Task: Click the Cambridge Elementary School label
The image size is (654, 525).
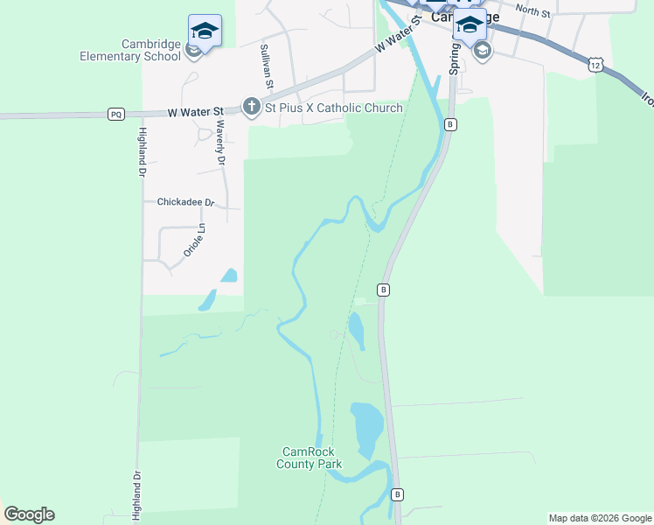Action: pos(130,50)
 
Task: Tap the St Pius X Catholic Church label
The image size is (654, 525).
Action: pos(334,108)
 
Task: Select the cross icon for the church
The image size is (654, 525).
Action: pos(252,108)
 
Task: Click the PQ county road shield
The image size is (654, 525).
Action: pos(115,114)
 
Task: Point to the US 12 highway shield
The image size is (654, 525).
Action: pos(595,64)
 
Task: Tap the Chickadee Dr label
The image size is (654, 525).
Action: pos(185,202)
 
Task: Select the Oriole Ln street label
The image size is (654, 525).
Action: pos(193,240)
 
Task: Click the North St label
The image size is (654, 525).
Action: pos(532,10)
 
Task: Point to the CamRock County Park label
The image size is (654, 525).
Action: pos(309,458)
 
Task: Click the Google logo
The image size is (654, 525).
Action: pos(29,514)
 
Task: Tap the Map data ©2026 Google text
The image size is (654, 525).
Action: pos(599,518)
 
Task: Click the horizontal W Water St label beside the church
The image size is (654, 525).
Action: pos(195,111)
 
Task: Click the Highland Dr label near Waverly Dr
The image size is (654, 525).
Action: pos(141,152)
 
